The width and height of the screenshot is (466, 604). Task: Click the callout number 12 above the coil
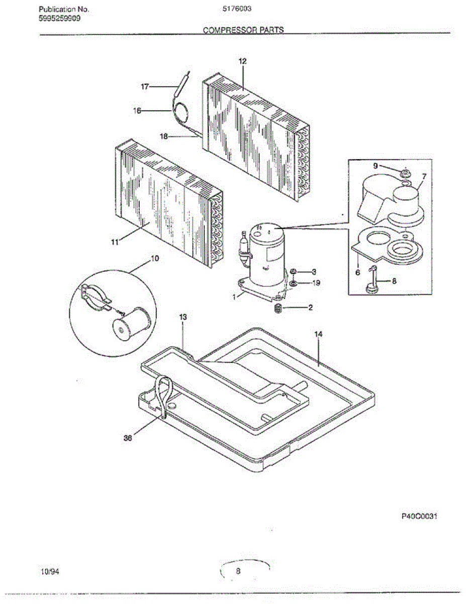click(x=242, y=61)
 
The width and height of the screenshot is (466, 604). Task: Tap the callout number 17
click(x=145, y=87)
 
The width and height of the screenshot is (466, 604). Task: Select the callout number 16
click(x=137, y=111)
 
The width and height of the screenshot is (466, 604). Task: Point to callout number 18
click(x=164, y=136)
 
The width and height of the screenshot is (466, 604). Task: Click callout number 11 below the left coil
click(x=115, y=242)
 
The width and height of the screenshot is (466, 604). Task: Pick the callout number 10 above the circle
click(x=155, y=258)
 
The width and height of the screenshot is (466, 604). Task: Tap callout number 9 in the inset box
click(x=375, y=166)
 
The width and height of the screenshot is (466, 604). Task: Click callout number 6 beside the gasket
click(x=357, y=272)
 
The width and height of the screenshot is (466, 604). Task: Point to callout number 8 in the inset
click(x=394, y=281)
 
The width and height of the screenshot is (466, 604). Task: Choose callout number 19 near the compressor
click(x=316, y=283)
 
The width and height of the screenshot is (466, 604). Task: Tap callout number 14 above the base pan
click(x=318, y=334)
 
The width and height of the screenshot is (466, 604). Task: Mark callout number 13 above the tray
click(x=183, y=317)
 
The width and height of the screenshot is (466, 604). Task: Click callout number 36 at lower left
click(x=128, y=438)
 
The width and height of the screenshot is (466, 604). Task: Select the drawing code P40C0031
click(x=417, y=516)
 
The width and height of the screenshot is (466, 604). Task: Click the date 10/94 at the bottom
click(x=49, y=571)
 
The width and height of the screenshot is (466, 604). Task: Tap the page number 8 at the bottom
click(x=238, y=571)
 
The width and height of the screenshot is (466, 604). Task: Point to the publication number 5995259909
click(x=59, y=18)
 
